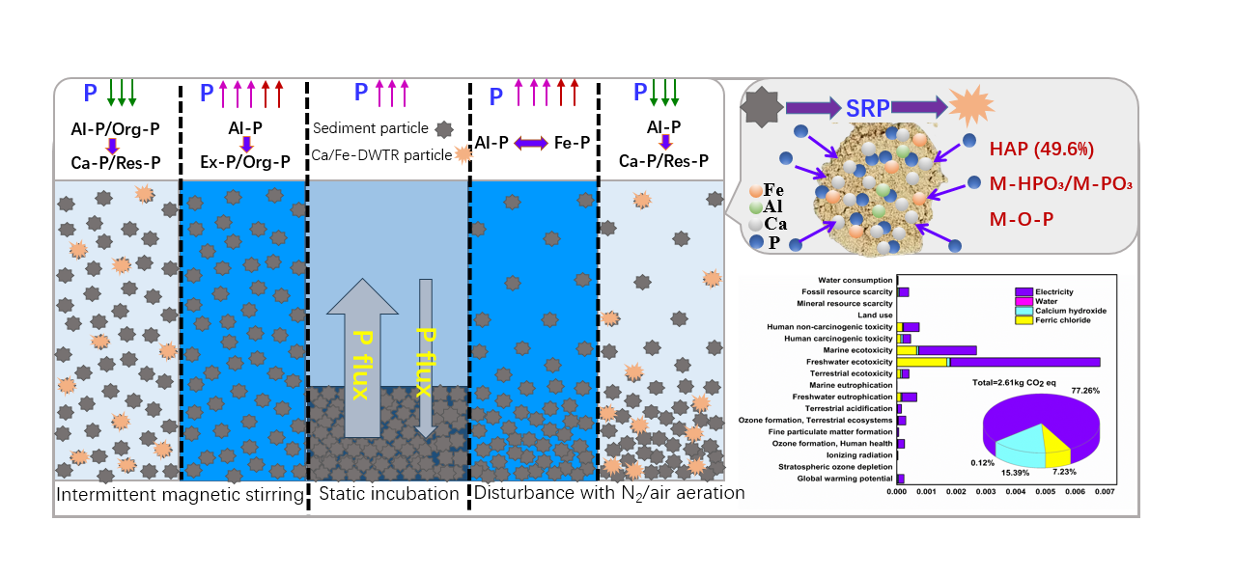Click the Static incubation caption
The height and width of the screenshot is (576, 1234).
pos(388,494)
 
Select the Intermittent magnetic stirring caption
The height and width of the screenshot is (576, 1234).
pos(180,495)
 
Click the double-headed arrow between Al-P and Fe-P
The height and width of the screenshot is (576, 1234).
pos(530,143)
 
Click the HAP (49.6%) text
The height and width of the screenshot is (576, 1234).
pos(1040,150)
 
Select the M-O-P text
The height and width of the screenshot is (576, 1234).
pos(1021,220)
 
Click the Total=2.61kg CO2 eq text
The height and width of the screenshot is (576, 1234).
pos(1016,381)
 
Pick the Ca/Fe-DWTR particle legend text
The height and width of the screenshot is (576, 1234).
pos(379,154)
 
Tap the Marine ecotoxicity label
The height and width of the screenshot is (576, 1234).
pos(855,350)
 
